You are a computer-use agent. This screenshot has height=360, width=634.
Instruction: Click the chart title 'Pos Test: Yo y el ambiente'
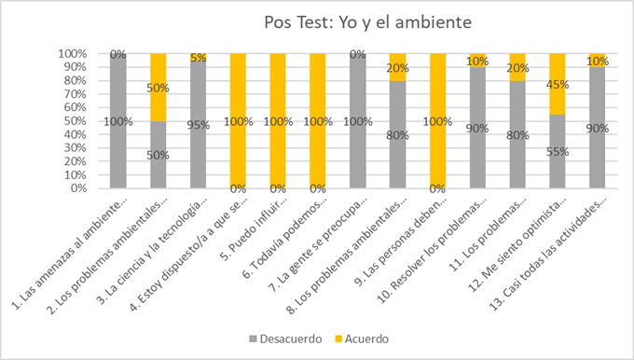point(352,21)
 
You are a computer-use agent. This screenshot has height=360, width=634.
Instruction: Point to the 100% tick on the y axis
point(75,54)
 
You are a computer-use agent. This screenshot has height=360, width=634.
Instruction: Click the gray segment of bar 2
point(158,155)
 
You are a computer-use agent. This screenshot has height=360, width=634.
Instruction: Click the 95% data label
point(197,125)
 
